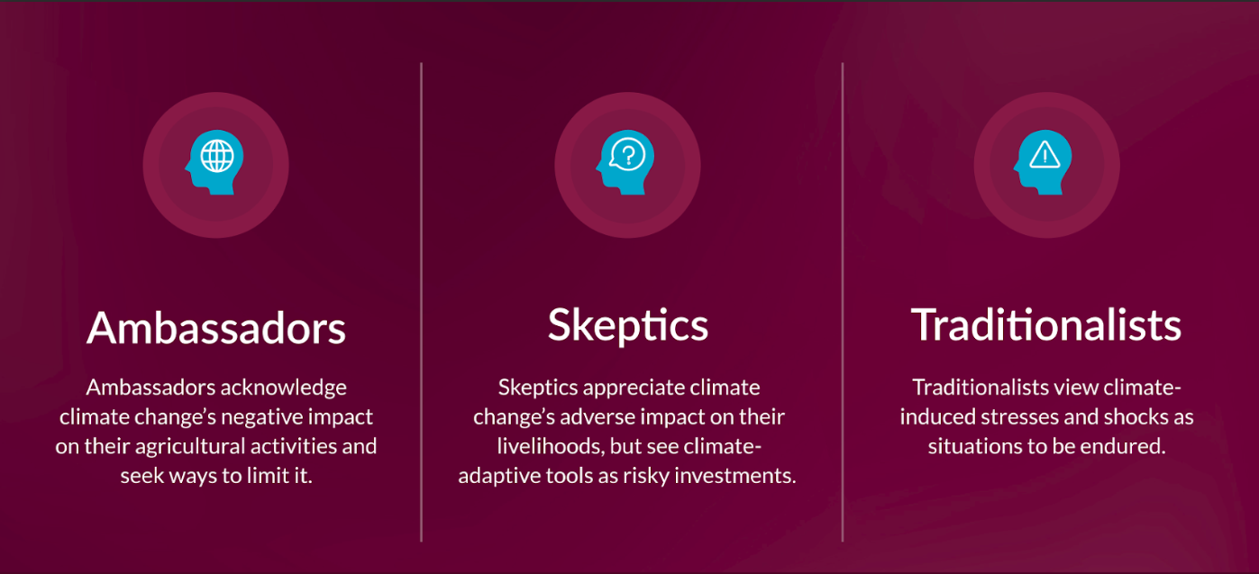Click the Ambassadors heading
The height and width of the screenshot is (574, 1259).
click(x=216, y=327)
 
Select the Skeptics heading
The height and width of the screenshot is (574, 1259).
click(x=628, y=325)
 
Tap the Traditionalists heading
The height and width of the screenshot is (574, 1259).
click(x=1046, y=325)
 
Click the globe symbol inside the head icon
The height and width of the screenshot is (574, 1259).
click(x=217, y=155)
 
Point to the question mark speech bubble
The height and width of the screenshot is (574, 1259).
click(x=627, y=154)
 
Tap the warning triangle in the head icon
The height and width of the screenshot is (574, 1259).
click(x=1045, y=155)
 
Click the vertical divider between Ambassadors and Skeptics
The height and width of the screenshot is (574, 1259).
click(x=421, y=302)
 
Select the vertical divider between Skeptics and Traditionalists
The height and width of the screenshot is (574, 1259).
click(x=843, y=302)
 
